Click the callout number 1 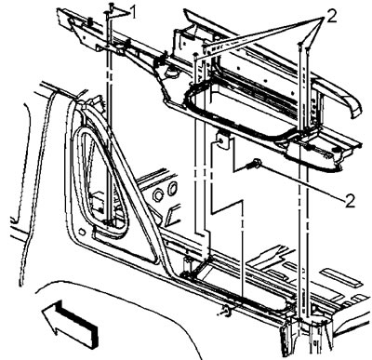[133, 13]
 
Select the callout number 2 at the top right [330, 17]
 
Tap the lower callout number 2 [350, 202]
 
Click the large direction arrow [70, 323]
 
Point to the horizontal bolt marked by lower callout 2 [255, 164]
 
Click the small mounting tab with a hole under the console [223, 141]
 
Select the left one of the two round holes [158, 195]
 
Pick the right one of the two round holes [172, 188]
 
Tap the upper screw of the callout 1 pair [111, 6]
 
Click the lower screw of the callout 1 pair [107, 13]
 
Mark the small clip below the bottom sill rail [226, 311]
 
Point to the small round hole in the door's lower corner [82, 232]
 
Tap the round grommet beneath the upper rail [170, 73]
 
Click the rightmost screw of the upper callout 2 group [308, 48]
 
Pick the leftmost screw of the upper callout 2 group [195, 55]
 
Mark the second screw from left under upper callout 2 [205, 47]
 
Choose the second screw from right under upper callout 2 [300, 45]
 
